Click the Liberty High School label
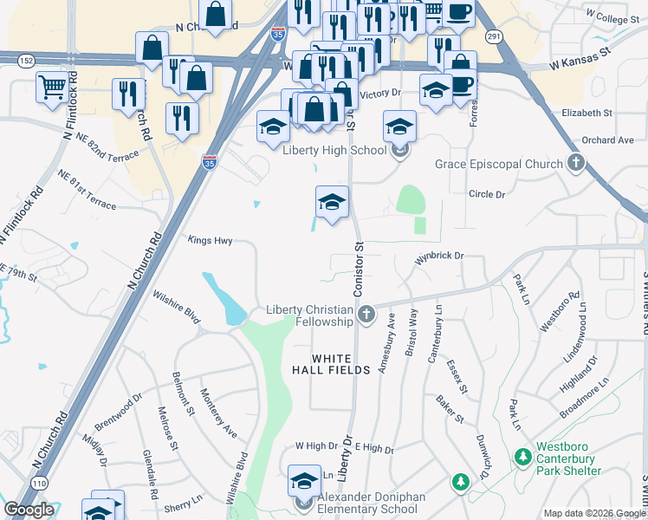coord(334,150)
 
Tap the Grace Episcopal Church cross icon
coord(575,163)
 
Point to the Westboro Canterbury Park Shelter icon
coord(522,456)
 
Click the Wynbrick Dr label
coord(439,257)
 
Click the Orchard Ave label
coord(608,140)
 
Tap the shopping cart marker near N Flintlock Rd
coord(51,86)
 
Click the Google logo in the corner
coord(29,510)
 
